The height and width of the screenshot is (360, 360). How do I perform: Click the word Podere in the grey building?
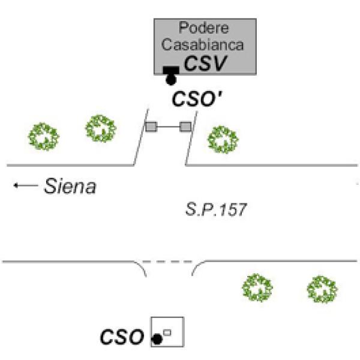click(x=205, y=28)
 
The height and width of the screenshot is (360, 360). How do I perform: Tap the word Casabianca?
click(x=205, y=44)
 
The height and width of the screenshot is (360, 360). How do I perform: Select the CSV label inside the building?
click(x=206, y=62)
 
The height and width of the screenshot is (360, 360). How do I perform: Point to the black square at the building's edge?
click(x=172, y=70)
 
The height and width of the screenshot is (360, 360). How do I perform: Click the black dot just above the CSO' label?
click(x=172, y=79)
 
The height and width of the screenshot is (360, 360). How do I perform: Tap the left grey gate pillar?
click(x=152, y=126)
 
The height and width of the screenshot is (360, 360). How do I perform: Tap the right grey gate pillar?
click(x=185, y=126)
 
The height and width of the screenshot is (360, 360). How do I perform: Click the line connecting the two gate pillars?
click(x=169, y=126)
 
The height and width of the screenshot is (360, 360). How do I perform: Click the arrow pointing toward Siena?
click(x=25, y=187)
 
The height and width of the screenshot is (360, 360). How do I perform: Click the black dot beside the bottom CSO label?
click(x=157, y=339)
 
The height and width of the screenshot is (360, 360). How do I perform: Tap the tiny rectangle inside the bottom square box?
click(x=167, y=332)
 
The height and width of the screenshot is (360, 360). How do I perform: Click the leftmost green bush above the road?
click(x=44, y=136)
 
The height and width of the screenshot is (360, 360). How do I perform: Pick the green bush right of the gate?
click(x=223, y=139)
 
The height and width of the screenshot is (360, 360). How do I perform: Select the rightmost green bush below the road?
click(x=322, y=289)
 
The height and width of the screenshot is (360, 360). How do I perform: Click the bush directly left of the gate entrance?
click(x=100, y=128)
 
